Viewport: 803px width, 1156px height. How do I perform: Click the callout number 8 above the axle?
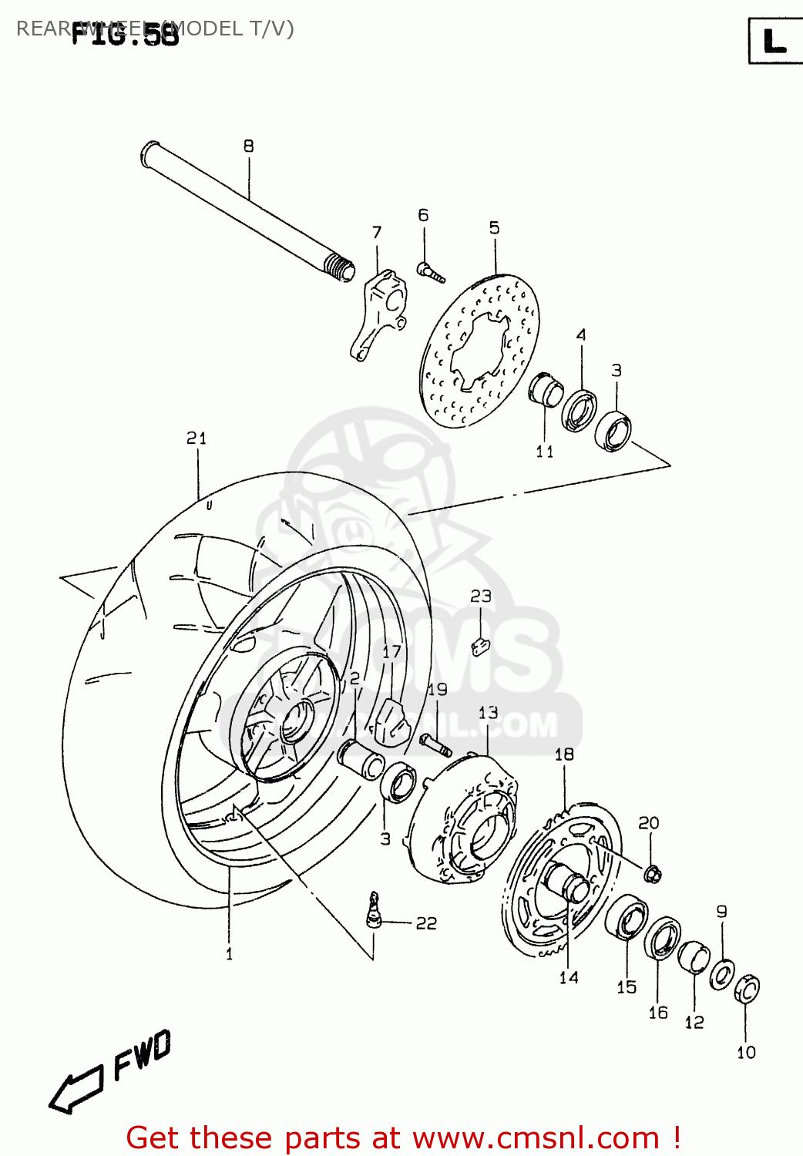click(248, 146)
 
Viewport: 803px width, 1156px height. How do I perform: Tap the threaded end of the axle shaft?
click(340, 268)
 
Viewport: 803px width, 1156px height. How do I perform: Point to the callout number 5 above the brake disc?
click(494, 227)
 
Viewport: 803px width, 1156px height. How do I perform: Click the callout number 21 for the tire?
click(197, 438)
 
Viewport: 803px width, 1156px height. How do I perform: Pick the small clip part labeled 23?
click(480, 646)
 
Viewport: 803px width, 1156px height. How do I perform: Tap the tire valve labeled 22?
click(374, 911)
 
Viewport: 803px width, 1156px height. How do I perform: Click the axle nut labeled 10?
click(747, 989)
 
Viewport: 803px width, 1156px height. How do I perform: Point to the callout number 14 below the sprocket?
click(569, 977)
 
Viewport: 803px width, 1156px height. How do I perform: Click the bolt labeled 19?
click(435, 744)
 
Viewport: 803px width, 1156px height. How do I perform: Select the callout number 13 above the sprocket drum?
click(488, 712)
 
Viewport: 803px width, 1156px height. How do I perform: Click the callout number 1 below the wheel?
click(229, 954)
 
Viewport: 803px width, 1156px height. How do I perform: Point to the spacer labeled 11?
click(546, 389)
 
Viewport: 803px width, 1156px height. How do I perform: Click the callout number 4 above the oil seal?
click(581, 334)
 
